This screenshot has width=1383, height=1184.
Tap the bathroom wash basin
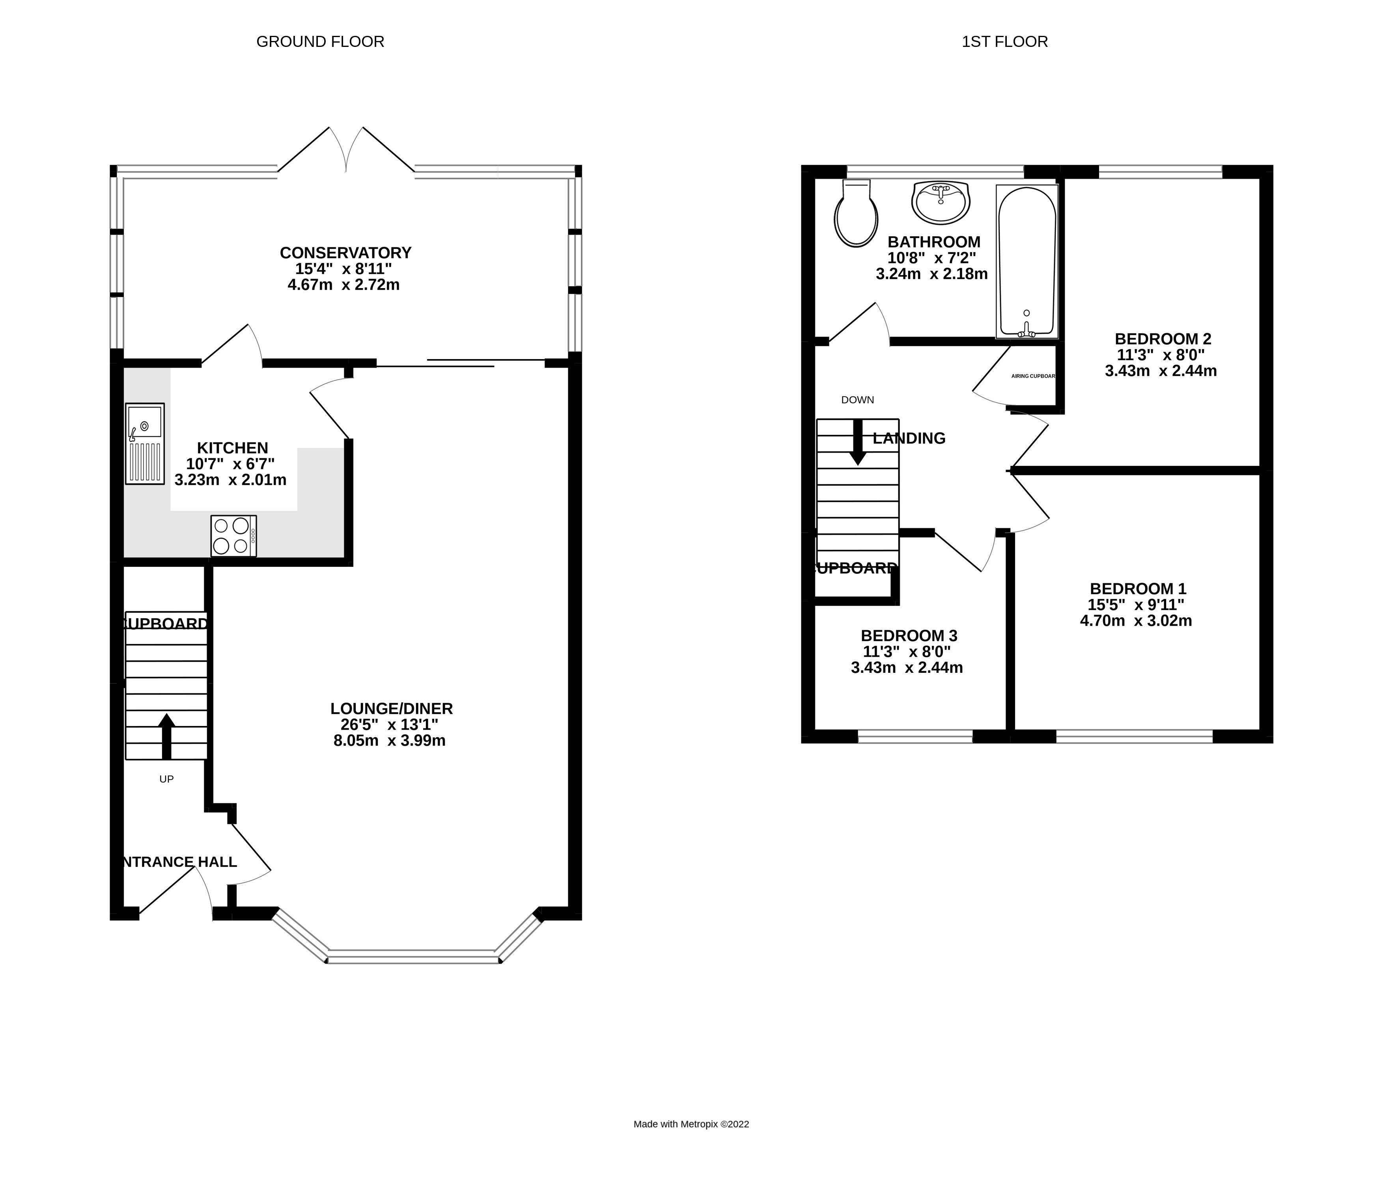point(941,202)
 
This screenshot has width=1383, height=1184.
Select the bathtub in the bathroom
point(1027,261)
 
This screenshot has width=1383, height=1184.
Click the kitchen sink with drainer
point(145,443)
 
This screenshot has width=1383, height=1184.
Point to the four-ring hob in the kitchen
point(233,536)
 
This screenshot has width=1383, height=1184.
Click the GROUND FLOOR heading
point(320,41)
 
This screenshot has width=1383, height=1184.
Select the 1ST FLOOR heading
point(1004,41)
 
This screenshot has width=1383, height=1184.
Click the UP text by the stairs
point(166,778)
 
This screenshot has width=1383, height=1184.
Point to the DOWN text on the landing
point(857,400)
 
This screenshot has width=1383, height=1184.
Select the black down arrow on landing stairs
point(858,443)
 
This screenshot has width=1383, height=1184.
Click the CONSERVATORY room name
point(345,253)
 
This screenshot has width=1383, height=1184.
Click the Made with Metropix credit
point(691,1124)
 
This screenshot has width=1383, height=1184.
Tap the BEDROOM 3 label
point(909,636)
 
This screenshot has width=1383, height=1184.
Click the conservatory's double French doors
point(346,150)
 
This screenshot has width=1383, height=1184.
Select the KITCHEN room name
point(232,448)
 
